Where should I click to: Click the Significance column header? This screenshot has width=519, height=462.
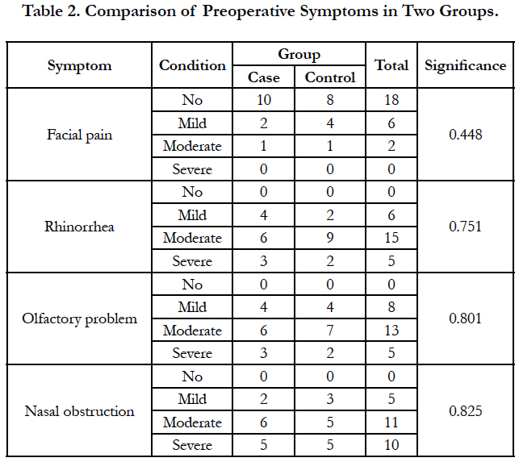click(466, 65)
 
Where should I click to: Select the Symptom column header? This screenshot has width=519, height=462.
click(79, 66)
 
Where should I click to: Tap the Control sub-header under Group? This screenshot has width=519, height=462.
click(330, 77)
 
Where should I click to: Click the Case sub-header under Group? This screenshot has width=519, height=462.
click(263, 77)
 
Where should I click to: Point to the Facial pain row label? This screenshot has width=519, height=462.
click(79, 135)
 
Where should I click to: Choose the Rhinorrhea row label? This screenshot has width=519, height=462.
click(79, 227)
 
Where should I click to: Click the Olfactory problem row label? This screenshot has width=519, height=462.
click(79, 319)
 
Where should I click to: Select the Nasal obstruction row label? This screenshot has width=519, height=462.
click(79, 411)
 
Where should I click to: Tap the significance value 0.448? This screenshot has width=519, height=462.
click(466, 135)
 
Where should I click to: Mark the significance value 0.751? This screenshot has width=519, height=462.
click(466, 227)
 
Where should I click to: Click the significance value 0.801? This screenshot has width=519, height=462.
click(466, 318)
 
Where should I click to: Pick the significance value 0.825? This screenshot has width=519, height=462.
click(466, 411)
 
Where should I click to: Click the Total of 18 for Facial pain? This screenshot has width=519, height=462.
click(391, 100)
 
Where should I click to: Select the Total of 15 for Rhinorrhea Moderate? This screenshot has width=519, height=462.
click(391, 238)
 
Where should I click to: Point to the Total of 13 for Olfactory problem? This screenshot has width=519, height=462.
click(391, 331)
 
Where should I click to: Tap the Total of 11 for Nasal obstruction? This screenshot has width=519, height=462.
click(391, 422)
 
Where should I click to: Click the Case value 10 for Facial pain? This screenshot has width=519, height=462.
click(264, 100)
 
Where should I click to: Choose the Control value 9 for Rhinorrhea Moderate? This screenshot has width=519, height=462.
click(330, 238)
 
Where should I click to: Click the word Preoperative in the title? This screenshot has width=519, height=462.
click(249, 12)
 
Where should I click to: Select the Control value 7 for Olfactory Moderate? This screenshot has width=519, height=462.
click(330, 331)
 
